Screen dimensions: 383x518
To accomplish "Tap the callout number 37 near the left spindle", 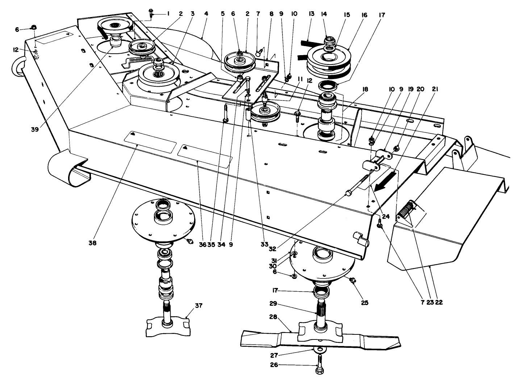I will [198, 306].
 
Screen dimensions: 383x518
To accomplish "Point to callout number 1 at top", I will [168, 14].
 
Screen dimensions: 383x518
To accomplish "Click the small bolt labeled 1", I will [151, 13].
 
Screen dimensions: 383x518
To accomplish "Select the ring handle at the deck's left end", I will [19, 67].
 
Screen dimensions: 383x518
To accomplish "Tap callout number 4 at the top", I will [206, 14].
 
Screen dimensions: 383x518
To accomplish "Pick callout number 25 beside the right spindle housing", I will [364, 302].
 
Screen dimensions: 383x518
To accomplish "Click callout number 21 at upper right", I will [435, 89].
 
